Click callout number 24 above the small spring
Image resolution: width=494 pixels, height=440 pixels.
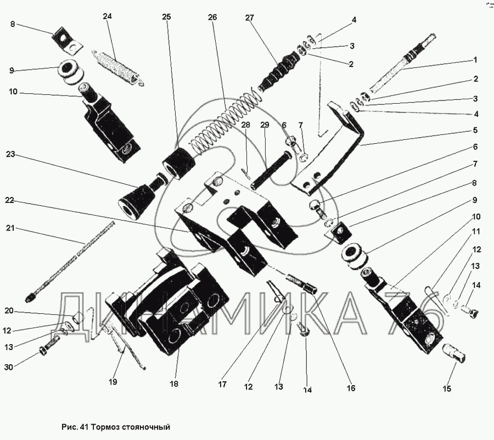[x=108, y=16]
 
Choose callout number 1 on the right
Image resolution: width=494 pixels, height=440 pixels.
[x=475, y=60]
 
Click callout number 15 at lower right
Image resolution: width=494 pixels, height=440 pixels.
[x=447, y=389]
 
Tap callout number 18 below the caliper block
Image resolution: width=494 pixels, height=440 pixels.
[x=174, y=384]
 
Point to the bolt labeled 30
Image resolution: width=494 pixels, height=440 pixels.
[x=48, y=348]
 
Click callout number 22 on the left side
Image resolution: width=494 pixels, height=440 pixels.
[x=9, y=201]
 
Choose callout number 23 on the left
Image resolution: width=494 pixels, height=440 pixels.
[x=9, y=155]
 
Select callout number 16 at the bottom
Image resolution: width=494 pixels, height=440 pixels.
[x=350, y=388]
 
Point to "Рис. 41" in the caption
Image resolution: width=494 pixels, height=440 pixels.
[x=75, y=426]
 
